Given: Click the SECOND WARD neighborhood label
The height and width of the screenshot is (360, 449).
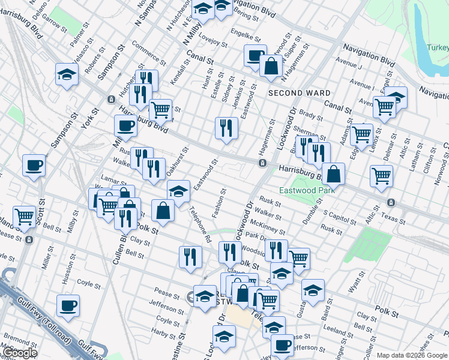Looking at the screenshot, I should [299, 93].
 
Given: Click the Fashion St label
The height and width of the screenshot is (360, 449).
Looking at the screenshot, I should [218, 203].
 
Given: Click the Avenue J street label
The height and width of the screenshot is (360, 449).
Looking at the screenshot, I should [348, 62].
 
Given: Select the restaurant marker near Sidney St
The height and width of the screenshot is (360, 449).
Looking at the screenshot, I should [226, 128].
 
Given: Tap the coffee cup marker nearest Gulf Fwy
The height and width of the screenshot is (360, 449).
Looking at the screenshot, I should [68, 305].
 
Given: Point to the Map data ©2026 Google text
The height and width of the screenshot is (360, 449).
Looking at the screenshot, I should [412, 355].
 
